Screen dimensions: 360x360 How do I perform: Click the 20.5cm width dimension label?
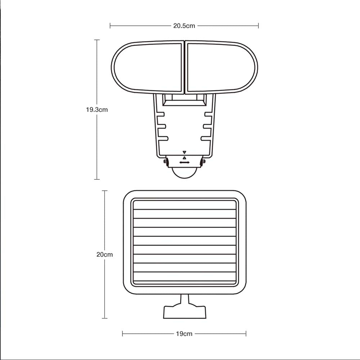pos(184,26)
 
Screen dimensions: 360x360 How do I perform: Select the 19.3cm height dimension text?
pos(96,110)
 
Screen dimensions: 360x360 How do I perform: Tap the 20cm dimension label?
pos(104,255)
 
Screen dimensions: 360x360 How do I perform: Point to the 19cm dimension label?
pos(184,334)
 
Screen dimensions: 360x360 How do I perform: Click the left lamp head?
pos(148,67)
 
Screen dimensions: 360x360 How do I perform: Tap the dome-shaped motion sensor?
pos(184,172)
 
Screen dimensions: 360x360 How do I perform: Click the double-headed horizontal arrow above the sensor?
pos(184,163)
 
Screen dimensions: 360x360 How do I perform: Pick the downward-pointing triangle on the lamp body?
pos(184,152)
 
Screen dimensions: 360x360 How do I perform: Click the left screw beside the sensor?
pos(166,161)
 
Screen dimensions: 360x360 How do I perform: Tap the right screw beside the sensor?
pos(203,161)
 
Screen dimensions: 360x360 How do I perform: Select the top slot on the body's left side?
pos(161,114)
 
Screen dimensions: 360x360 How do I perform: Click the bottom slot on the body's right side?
pos(205,138)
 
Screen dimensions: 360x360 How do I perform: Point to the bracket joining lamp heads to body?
pos(184,100)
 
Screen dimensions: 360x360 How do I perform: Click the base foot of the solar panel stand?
pos(185,312)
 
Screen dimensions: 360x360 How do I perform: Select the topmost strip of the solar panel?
pos(184,205)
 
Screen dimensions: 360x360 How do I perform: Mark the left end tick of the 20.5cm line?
pos(110,26)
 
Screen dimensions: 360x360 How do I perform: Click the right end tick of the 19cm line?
pos(246,334)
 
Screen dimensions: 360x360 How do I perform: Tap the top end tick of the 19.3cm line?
pos(96,40)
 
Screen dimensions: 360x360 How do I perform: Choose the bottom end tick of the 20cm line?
pos(104,318)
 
